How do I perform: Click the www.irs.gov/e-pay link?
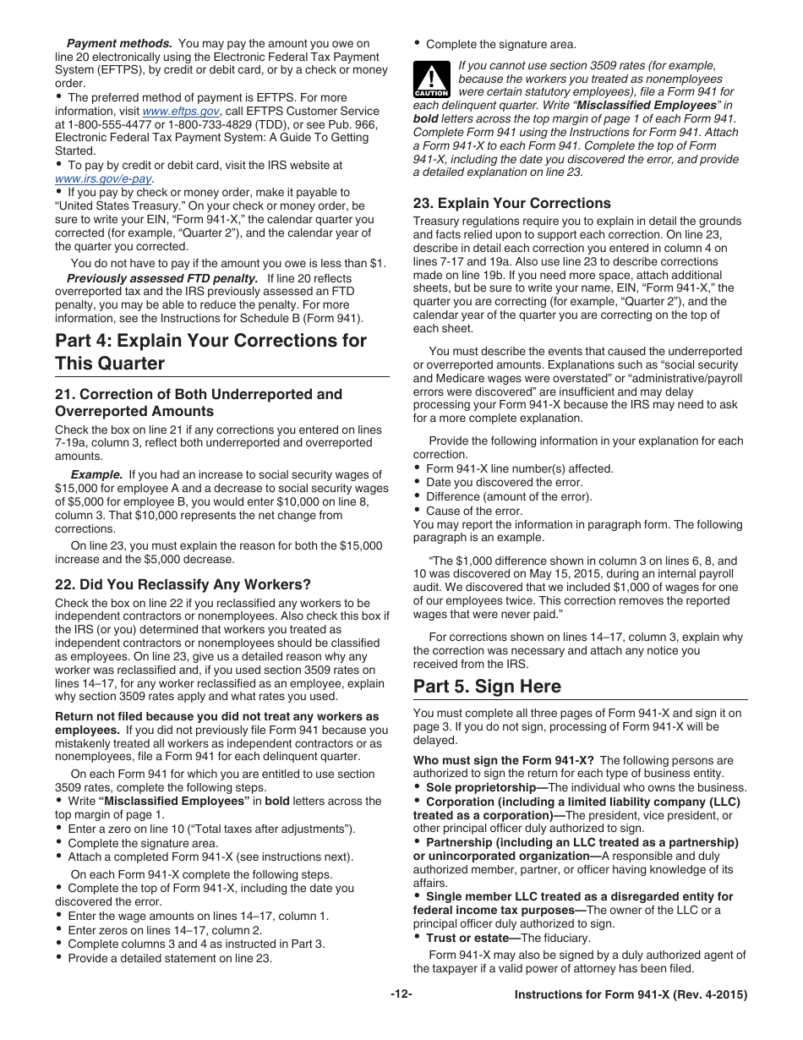point(103,179)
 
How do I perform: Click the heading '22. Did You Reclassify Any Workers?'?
point(183,584)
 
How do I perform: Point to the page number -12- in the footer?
point(401,994)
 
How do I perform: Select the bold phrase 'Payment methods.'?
point(119,43)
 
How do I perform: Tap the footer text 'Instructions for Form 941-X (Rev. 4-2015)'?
point(631,995)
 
